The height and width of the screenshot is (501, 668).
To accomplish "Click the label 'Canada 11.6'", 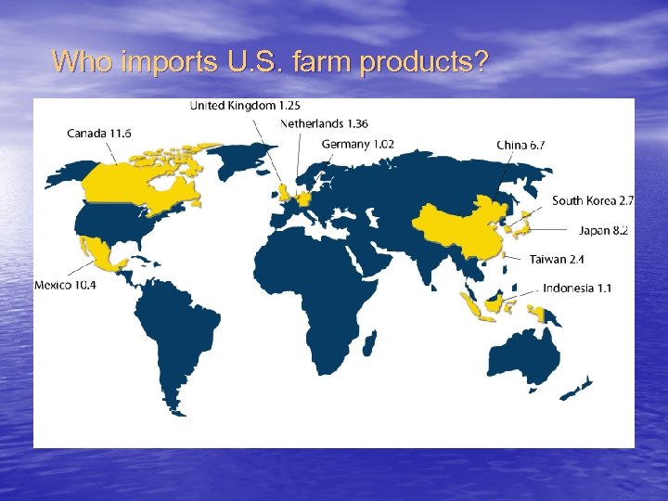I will (99, 134).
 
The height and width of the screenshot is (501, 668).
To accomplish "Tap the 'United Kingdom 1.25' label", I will (245, 106).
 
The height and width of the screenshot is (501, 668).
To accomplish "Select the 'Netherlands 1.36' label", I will (324, 124).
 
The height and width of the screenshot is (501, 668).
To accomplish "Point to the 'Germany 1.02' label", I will (358, 144).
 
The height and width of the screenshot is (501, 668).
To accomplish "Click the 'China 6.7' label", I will (520, 145).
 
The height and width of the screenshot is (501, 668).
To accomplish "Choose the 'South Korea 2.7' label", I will (593, 200).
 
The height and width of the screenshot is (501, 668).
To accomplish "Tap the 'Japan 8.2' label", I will (604, 229).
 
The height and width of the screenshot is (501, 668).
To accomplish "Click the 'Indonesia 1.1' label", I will (577, 289).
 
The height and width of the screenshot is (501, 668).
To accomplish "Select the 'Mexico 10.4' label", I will (65, 285).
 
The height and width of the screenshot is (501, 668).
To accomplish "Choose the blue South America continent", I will (176, 325).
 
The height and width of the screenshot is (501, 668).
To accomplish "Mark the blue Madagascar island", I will (370, 343).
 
